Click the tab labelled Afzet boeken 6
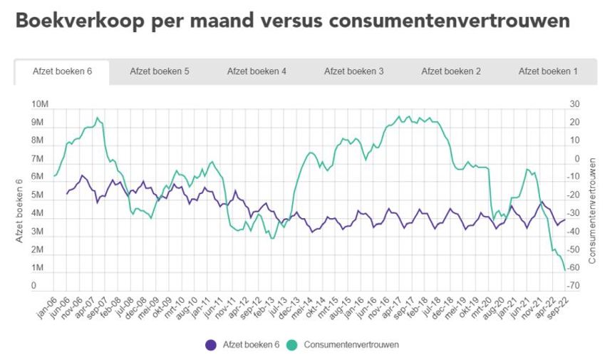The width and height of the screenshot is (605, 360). pos(62,71)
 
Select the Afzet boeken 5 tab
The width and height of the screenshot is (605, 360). pos(160,71)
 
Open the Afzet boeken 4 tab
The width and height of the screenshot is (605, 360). pos(257,71)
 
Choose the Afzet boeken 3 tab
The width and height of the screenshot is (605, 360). pos(353,71)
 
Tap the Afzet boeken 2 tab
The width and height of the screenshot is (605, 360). pos(451,71)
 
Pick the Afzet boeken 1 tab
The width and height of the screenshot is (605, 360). pos(548,71)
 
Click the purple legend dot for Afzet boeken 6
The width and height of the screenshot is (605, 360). pos(210,344)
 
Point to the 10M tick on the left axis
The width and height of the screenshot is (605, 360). pos(40,104)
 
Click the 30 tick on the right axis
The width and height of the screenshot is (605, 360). pos(574,104)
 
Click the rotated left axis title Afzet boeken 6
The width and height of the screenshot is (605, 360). pos(20,212)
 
